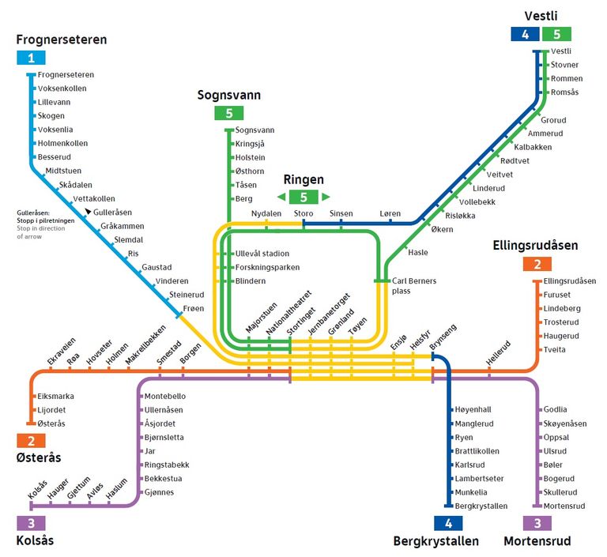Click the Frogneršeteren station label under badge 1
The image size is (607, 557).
(x=66, y=75)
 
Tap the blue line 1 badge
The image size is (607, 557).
(x=31, y=58)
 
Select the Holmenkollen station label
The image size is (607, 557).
(x=62, y=143)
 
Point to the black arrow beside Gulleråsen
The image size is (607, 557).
(x=89, y=211)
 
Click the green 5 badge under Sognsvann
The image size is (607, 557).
(x=229, y=113)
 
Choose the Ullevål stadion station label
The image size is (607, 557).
(x=262, y=254)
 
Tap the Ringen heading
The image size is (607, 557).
(x=303, y=179)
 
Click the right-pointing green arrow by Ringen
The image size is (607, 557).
(x=326, y=197)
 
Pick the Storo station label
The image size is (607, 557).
(x=303, y=213)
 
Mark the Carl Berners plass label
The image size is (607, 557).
(x=414, y=286)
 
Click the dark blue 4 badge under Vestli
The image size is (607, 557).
(x=525, y=34)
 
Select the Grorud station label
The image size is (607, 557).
(x=553, y=120)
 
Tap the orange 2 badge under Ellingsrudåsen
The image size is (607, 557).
(x=537, y=264)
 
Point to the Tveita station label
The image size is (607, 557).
(x=554, y=349)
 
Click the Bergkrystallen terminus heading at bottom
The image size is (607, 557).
(x=436, y=540)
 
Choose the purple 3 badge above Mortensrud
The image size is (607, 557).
(x=537, y=523)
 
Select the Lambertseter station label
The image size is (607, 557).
(x=479, y=479)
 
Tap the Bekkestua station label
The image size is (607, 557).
(x=163, y=479)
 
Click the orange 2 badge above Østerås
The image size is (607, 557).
(x=31, y=441)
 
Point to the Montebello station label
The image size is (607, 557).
(x=165, y=397)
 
